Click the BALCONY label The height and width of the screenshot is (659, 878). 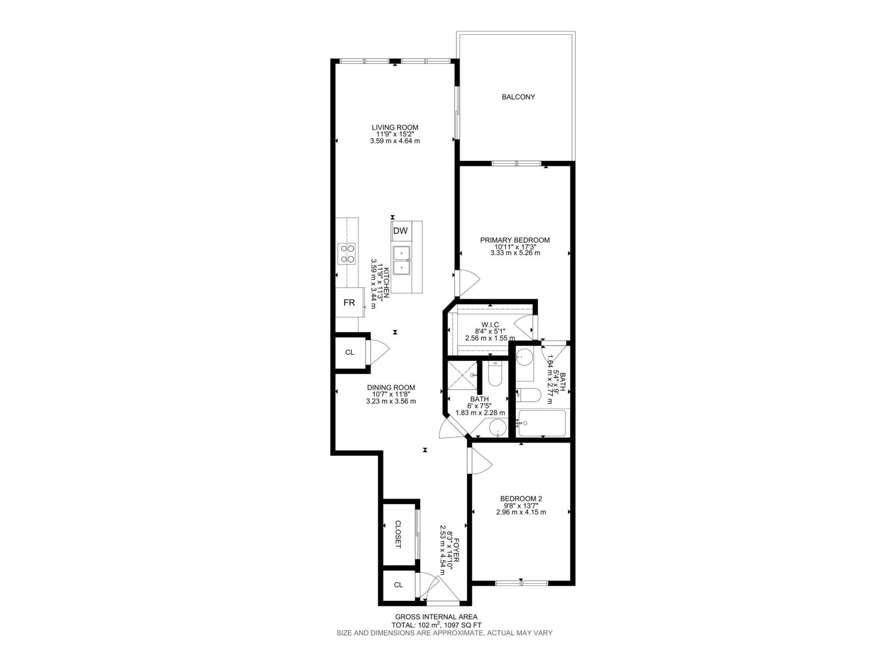pos(518,97)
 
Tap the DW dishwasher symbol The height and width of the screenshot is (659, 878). pos(401,231)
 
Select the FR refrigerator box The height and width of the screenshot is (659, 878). pos(350,303)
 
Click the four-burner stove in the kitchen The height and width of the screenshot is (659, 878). pos(348,254)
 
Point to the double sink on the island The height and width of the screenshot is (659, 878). pos(402,260)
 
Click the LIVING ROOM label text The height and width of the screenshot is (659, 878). pos(395,127)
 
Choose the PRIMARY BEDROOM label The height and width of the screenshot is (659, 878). pos(515,240)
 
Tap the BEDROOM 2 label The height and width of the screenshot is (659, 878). pos(521,499)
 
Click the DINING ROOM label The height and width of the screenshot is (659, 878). pos(391,387)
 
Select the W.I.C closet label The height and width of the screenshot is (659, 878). pos(489,325)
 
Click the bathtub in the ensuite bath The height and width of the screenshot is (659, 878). pos(542,423)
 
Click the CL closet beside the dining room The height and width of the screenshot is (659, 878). pos(350,353)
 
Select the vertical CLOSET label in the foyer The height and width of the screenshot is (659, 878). pos(398,534)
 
